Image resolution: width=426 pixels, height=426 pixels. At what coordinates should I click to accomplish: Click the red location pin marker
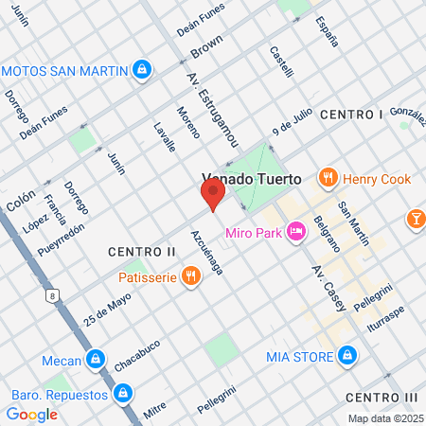213,196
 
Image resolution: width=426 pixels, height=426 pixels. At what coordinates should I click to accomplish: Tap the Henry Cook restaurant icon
328,176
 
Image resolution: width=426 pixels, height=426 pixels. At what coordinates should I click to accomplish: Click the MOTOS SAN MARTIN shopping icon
141,69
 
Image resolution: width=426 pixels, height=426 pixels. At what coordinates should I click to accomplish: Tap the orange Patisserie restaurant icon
191,276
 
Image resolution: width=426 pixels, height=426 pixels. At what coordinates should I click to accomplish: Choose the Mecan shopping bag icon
95,360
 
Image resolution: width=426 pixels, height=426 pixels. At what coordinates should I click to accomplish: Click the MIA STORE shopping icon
348,356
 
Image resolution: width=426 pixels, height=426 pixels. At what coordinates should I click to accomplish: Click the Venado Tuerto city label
251,178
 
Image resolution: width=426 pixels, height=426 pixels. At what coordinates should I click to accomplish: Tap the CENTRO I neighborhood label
351,115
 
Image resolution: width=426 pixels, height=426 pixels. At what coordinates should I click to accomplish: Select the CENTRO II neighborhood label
142,252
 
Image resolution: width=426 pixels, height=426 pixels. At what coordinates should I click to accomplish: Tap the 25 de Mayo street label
106,307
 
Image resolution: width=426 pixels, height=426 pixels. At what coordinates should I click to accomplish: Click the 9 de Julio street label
292,121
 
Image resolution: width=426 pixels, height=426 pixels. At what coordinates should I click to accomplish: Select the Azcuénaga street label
207,252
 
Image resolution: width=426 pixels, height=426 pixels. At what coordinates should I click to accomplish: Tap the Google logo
31,414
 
